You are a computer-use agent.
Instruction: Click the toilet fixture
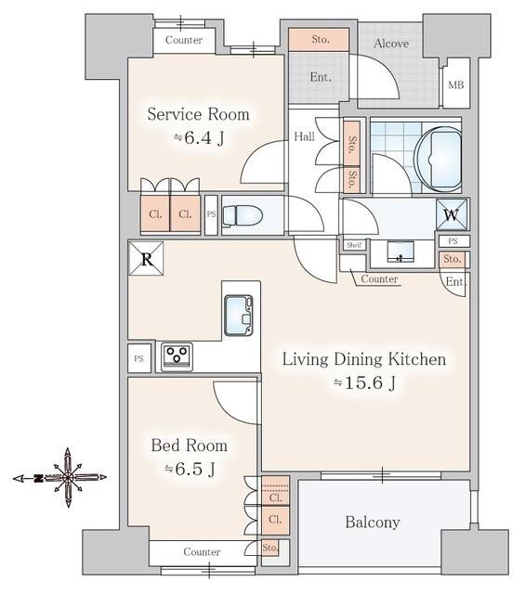(x=243, y=216)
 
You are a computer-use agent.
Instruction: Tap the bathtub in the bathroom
(x=440, y=159)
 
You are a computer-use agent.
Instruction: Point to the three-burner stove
(x=177, y=356)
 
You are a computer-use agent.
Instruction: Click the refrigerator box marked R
(x=147, y=258)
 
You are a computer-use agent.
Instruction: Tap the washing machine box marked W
(x=452, y=214)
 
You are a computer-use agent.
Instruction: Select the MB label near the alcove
(x=456, y=85)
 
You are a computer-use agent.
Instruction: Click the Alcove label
(x=391, y=44)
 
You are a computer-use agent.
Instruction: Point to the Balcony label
(x=373, y=523)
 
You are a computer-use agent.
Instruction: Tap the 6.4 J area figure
(x=199, y=138)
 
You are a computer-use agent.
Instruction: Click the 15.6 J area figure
(x=364, y=383)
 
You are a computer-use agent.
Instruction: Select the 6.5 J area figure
(x=190, y=469)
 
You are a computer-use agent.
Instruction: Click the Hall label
(x=304, y=136)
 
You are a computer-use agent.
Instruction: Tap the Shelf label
(x=354, y=245)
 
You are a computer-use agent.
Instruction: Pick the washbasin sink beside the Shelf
(x=400, y=252)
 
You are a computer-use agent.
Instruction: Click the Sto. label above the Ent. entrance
(x=321, y=39)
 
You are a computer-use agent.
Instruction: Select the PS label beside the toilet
(x=211, y=214)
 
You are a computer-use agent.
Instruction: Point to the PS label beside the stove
(x=138, y=358)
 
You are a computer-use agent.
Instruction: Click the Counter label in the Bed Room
(x=202, y=552)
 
